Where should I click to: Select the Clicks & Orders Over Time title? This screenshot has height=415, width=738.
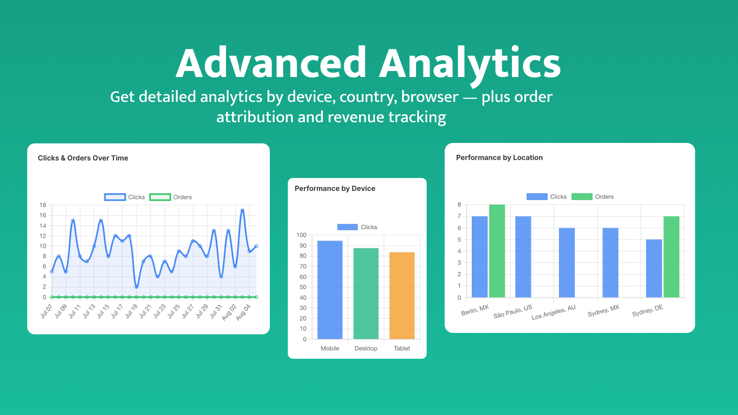(x=83, y=158)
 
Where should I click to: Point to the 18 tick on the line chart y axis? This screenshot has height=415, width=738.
(x=43, y=205)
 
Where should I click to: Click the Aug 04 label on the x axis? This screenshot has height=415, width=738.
(x=243, y=312)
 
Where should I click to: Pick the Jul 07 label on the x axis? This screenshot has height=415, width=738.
(x=47, y=311)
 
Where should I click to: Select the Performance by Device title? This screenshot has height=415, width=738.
(x=335, y=189)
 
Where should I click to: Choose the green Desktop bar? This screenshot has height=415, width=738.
(x=366, y=293)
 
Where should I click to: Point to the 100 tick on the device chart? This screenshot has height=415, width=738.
(x=301, y=235)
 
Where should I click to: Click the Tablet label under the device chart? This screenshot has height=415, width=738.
(x=402, y=349)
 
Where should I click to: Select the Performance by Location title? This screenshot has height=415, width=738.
(x=499, y=158)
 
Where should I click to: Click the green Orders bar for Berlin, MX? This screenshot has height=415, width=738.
(x=497, y=251)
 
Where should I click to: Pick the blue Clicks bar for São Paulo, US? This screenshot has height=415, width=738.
(x=523, y=257)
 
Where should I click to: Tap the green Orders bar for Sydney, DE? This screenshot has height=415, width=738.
(x=671, y=257)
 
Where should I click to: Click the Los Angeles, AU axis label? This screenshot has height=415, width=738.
(x=553, y=313)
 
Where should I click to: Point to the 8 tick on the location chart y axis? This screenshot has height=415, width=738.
(x=459, y=205)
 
